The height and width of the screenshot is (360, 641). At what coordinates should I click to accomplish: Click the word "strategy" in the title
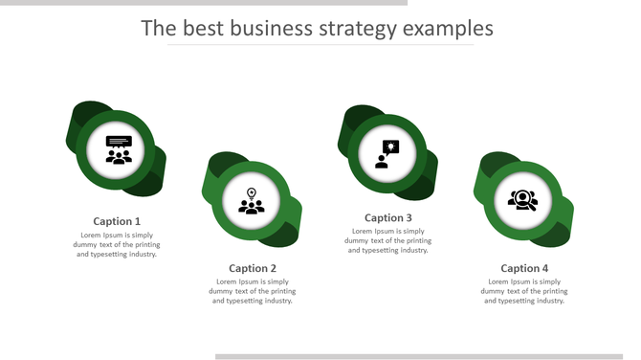coord(358,28)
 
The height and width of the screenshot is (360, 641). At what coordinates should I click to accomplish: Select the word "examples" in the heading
coord(448,28)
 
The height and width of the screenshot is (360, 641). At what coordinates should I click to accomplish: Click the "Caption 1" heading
coord(117,221)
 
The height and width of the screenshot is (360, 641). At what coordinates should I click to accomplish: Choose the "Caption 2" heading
coord(253,268)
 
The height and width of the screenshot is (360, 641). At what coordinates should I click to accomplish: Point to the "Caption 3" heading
coord(388,217)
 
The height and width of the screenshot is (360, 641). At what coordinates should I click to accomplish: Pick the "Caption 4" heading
coord(524,268)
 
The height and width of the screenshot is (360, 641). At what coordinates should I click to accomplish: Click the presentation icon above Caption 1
coord(119,149)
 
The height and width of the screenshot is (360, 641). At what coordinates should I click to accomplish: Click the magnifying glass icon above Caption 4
coord(523,200)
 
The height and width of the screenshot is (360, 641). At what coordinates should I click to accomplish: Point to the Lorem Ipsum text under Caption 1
coord(117,244)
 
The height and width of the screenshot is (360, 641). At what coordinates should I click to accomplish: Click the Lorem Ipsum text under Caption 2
coord(253,291)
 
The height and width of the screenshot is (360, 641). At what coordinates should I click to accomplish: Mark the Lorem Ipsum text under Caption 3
coord(388,240)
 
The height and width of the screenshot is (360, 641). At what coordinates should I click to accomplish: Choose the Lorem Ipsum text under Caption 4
coord(524,291)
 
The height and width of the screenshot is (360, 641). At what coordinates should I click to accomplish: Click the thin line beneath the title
coord(320,45)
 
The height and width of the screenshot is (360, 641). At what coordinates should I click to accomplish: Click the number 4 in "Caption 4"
coord(545,268)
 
